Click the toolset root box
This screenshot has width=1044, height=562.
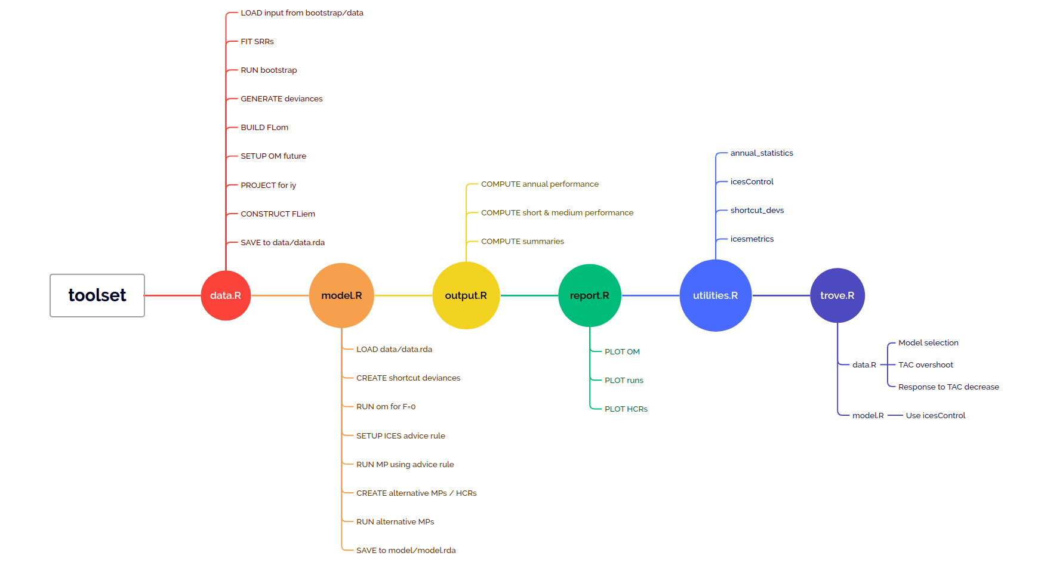tap(97, 295)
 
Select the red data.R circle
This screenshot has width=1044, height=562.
tap(226, 295)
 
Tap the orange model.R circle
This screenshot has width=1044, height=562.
tap(341, 295)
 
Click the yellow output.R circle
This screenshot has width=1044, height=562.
tap(466, 295)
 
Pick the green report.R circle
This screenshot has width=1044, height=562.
tap(589, 295)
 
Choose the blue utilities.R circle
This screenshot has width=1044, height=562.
tap(715, 295)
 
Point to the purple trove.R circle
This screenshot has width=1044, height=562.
tap(837, 295)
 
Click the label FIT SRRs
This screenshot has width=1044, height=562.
tap(257, 42)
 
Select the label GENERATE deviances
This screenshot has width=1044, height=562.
tap(281, 99)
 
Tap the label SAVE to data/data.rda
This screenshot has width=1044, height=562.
tap(282, 243)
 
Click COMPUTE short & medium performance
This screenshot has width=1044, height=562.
tap(557, 213)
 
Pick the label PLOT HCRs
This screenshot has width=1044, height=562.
tap(626, 409)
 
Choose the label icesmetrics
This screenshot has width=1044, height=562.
tap(752, 239)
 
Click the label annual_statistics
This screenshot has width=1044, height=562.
tap(762, 153)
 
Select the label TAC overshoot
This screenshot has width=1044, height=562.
tap(925, 365)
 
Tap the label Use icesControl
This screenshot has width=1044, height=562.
tap(935, 416)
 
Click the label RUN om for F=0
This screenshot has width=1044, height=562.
tap(386, 407)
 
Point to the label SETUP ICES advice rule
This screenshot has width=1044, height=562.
tap(401, 436)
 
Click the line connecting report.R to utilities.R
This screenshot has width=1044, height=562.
tap(651, 295)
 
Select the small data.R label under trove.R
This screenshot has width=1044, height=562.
tap(864, 365)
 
